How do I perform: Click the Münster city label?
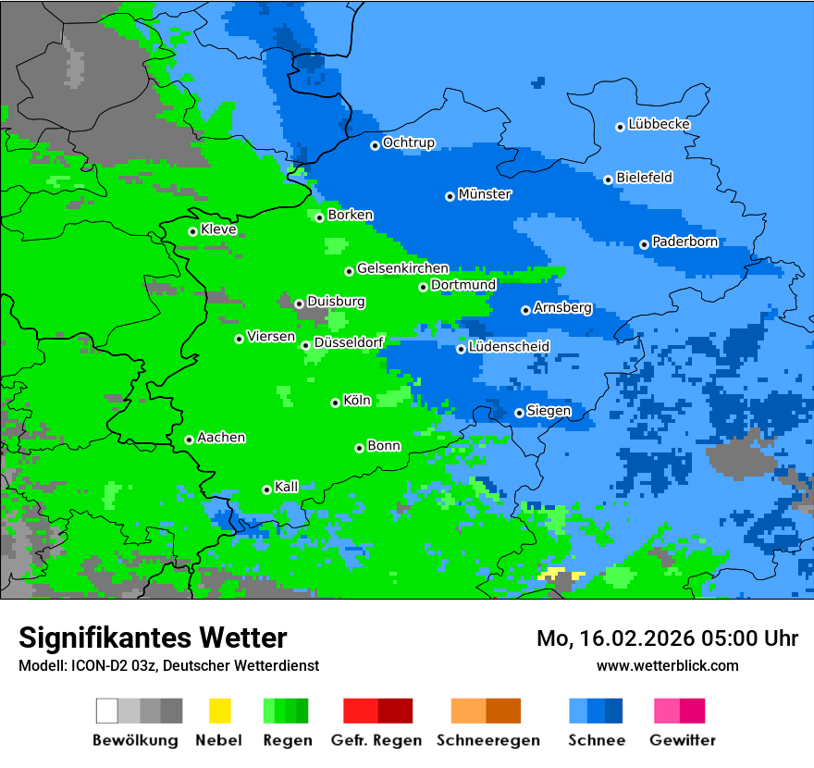point(485,194)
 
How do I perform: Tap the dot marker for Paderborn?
point(645,244)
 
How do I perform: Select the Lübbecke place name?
point(660,124)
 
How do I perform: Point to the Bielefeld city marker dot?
point(609,180)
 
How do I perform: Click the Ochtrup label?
point(409,142)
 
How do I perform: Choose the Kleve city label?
point(219,229)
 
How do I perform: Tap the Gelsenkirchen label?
point(402,268)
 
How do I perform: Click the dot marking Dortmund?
point(424,287)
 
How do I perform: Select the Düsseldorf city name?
point(349,343)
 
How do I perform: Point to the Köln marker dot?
point(336,403)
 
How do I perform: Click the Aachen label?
point(221,438)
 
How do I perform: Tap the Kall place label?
point(287,487)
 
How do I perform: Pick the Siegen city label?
point(549,411)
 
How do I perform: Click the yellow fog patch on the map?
point(560,575)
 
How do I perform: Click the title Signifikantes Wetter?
point(153,638)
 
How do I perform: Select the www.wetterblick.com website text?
point(668,665)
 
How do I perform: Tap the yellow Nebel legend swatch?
point(219,711)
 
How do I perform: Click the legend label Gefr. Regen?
point(376,740)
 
